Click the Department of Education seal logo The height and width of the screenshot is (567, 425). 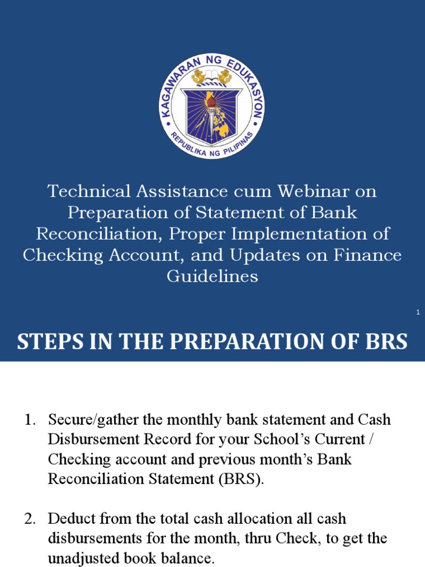212,107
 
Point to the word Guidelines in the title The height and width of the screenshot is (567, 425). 212,276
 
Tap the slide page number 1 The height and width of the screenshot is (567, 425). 418,313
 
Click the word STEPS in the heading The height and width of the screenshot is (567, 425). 48,342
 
